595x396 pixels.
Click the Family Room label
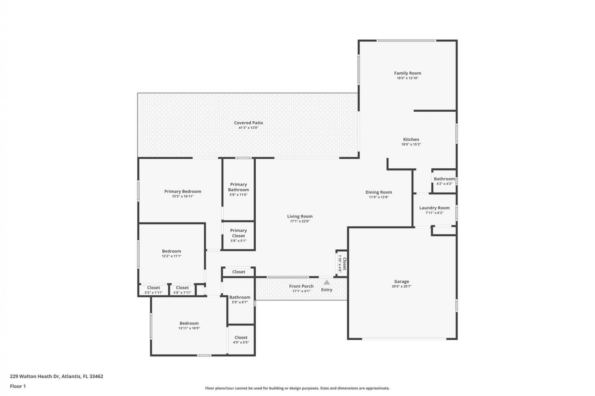407,73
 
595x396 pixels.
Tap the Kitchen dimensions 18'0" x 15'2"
411,144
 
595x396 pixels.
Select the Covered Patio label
248,123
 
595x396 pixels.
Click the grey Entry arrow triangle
327,282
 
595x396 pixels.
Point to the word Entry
327,290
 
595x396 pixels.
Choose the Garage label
401,282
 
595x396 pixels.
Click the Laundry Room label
434,208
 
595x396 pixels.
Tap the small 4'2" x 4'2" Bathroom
444,181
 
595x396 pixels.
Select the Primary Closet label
238,233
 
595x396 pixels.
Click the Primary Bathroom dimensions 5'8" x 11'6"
238,195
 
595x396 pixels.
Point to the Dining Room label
378,192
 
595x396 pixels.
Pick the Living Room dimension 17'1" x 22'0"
300,222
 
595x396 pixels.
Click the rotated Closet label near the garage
344,264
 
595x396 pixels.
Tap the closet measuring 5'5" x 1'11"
153,290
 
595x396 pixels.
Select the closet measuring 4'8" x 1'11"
182,290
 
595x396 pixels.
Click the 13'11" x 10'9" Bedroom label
189,323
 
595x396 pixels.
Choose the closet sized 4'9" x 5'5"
241,340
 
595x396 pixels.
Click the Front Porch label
301,286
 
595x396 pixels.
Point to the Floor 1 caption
18,386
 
